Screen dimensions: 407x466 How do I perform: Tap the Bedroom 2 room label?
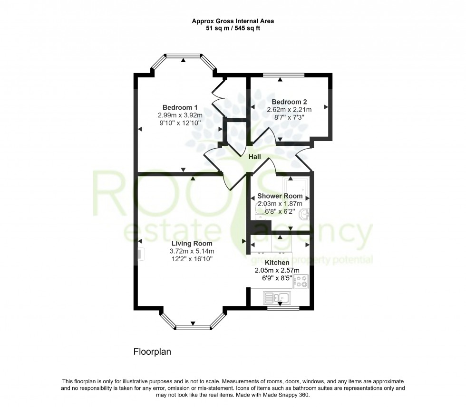(289, 102)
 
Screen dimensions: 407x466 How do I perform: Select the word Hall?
(255, 156)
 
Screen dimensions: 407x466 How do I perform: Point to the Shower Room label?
(280, 196)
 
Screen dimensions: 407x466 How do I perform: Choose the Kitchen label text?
(277, 263)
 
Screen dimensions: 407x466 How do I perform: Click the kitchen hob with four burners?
(301, 281)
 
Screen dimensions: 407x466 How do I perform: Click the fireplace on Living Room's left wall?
(140, 255)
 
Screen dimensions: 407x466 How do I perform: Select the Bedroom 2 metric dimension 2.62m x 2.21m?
(289, 110)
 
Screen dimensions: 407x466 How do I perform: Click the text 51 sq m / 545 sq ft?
(233, 28)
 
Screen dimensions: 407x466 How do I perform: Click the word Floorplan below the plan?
(151, 352)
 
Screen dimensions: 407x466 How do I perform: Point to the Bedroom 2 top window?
(284, 75)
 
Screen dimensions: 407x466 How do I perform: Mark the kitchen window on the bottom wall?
(283, 308)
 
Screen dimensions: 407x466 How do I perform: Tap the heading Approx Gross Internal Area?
(233, 21)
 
